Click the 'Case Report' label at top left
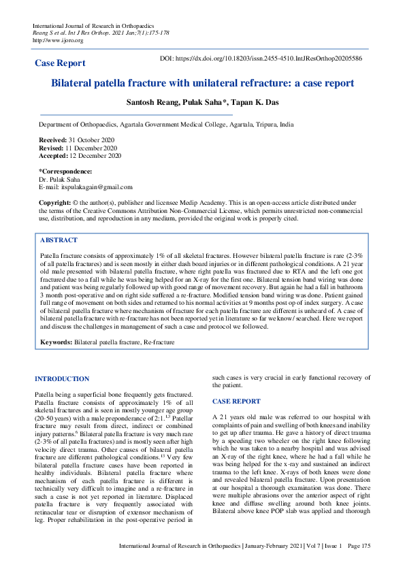[x=61, y=63]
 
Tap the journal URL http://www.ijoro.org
[x=58, y=40]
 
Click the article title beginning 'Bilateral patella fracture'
[x=202, y=83]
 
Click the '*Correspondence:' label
[x=65, y=171]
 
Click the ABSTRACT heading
[x=59, y=241]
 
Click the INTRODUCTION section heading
[x=62, y=378]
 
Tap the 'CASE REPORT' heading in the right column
[x=236, y=402]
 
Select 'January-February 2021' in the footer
[x=263, y=566]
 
